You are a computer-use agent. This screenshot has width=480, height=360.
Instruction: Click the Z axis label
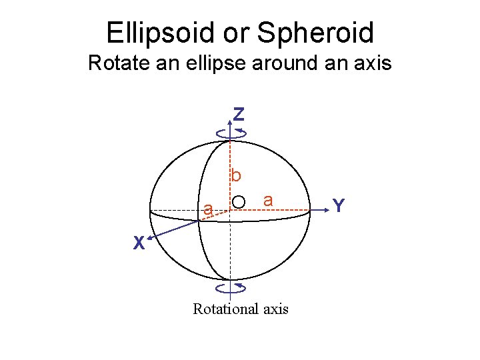click(238, 115)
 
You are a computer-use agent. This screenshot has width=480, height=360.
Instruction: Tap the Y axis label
click(339, 206)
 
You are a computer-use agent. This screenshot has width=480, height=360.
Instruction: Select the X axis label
click(138, 244)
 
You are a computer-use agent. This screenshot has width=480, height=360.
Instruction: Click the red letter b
click(236, 176)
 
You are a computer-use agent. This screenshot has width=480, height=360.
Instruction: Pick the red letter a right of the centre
click(267, 199)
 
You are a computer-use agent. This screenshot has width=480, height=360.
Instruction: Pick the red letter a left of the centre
click(208, 211)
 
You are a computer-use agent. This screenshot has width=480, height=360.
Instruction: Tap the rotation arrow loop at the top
click(231, 134)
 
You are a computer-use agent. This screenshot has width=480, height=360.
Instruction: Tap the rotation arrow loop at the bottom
click(231, 288)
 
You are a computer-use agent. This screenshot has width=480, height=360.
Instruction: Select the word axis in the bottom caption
click(275, 309)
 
